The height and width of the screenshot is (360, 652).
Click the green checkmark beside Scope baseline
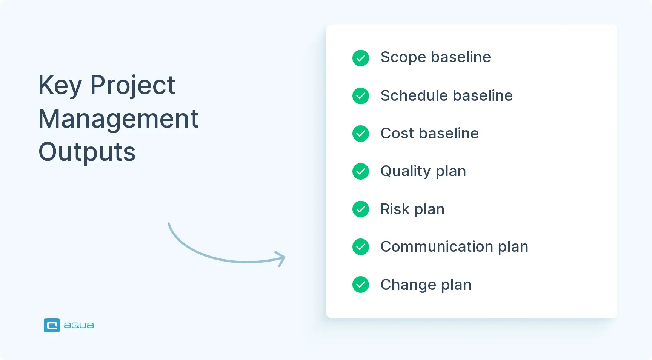(x=361, y=58)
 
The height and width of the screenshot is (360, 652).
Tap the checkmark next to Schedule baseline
(x=361, y=96)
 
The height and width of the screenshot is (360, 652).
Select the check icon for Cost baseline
(x=361, y=134)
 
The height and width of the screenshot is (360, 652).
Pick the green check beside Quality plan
(x=361, y=171)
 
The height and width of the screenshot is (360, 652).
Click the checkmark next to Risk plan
(x=361, y=209)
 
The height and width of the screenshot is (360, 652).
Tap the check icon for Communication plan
(x=361, y=247)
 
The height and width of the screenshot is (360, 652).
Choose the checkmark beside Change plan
(x=361, y=285)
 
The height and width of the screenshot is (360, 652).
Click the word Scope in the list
(x=403, y=58)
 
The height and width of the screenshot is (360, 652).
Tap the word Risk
(x=395, y=209)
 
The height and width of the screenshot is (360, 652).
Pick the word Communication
(x=437, y=247)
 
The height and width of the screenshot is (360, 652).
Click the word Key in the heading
(x=60, y=86)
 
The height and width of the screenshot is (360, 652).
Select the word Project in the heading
(x=132, y=86)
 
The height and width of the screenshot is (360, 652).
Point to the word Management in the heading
(x=118, y=119)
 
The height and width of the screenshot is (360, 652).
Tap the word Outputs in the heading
(x=87, y=152)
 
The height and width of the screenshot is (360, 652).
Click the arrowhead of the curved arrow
(x=281, y=259)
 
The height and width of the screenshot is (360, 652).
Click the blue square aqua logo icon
(x=52, y=325)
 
